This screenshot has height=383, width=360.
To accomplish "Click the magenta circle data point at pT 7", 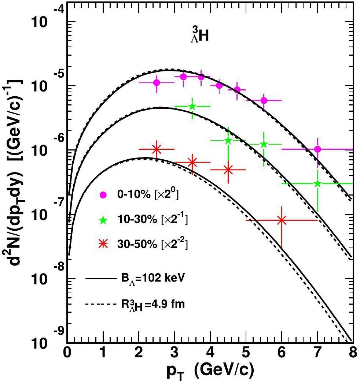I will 317,149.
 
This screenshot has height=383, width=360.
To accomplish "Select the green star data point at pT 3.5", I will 192,106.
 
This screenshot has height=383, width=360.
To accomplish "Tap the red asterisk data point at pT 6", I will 282,220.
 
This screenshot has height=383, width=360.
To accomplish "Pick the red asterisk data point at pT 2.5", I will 157,149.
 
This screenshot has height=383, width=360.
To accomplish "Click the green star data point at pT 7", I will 317,183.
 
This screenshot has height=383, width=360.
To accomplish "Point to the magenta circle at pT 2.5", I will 157,82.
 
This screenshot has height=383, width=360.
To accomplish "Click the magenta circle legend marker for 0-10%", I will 103,195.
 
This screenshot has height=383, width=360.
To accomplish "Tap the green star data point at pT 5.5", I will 264,144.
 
